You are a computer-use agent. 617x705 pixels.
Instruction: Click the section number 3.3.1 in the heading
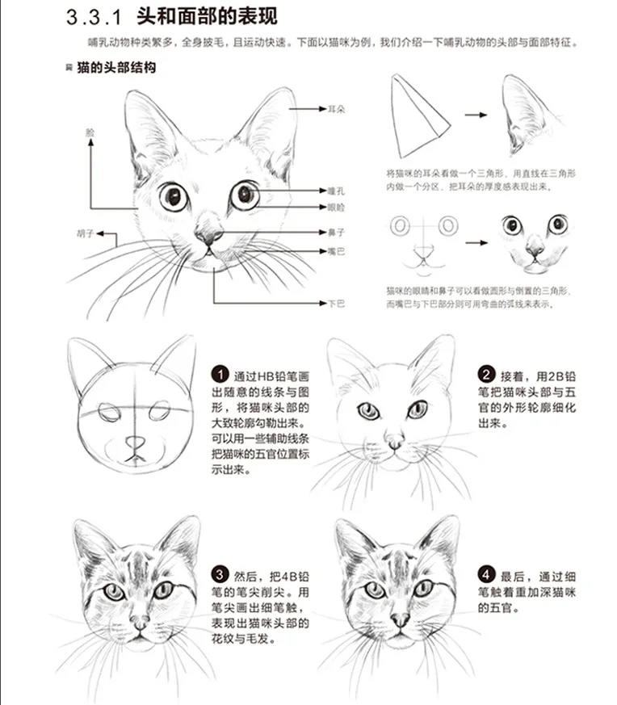[95, 19]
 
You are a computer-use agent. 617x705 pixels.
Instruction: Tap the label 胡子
[86, 234]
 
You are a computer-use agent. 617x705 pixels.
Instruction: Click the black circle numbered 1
[220, 374]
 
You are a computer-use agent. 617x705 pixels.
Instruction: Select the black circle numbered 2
[487, 375]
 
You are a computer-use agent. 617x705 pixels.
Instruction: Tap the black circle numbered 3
[220, 576]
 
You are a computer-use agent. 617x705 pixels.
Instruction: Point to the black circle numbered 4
[487, 576]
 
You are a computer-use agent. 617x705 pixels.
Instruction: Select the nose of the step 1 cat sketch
[136, 442]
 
